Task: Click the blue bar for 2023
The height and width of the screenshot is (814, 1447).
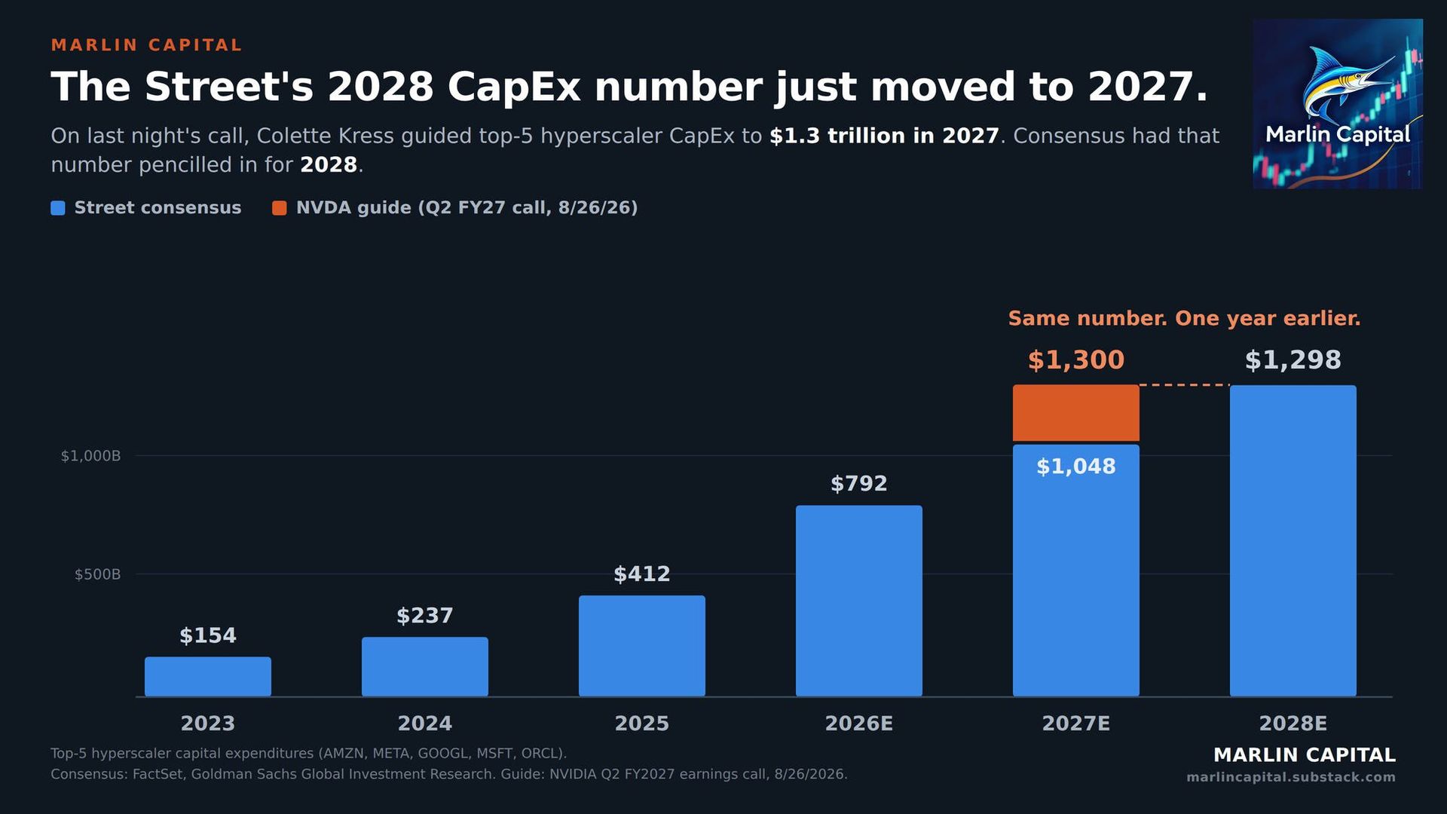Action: click(208, 676)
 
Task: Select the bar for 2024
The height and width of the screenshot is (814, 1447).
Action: click(425, 666)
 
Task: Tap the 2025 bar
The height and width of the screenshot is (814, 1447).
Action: click(642, 646)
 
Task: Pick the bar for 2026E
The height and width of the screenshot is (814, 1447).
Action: click(859, 601)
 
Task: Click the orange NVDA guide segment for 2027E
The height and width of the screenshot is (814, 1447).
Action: click(1076, 413)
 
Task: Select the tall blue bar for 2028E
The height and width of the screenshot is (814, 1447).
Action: click(1293, 540)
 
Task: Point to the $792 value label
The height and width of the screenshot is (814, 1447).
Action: click(859, 483)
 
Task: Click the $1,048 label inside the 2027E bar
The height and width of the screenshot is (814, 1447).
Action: click(1076, 467)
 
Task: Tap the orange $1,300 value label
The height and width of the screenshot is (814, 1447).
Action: click(1076, 360)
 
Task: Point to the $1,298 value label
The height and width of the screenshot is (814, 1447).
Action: click(1293, 360)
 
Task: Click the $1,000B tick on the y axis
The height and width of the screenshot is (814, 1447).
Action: click(90, 456)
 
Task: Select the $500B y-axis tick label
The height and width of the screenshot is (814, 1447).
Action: click(97, 574)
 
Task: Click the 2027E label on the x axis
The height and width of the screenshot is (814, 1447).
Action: click(1076, 724)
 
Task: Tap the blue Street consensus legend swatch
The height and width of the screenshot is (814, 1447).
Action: click(58, 208)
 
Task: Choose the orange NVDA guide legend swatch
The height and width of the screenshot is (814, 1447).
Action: click(280, 208)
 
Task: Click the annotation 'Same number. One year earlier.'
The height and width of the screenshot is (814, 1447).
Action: click(1185, 318)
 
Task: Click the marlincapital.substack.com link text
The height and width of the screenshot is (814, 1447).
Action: click(1291, 777)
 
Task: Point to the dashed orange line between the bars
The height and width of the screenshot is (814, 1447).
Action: click(1185, 385)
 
